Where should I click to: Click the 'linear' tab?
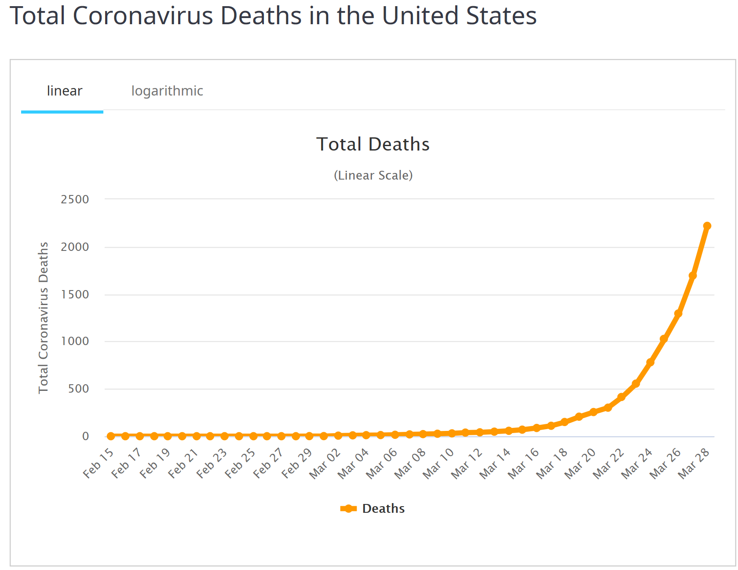click(x=64, y=91)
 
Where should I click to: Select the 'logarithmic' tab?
click(x=167, y=91)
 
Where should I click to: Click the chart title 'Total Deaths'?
click(x=373, y=144)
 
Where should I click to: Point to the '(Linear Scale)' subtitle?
click(x=373, y=175)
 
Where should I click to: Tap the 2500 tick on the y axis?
click(x=75, y=199)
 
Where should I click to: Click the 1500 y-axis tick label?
click(x=75, y=294)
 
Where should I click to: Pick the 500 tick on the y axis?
click(x=78, y=389)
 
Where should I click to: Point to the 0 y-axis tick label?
click(x=85, y=436)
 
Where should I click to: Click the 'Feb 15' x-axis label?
click(x=99, y=463)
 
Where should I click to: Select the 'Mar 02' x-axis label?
click(x=325, y=463)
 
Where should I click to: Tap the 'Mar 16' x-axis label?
click(x=523, y=463)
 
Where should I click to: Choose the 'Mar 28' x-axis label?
click(x=694, y=463)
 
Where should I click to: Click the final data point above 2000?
click(x=707, y=226)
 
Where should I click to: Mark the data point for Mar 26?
click(x=678, y=314)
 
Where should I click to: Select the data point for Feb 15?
click(x=111, y=436)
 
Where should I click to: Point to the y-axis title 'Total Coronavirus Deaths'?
click(x=43, y=317)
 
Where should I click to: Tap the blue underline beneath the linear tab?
click(x=62, y=112)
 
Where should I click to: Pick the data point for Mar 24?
click(x=650, y=362)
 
